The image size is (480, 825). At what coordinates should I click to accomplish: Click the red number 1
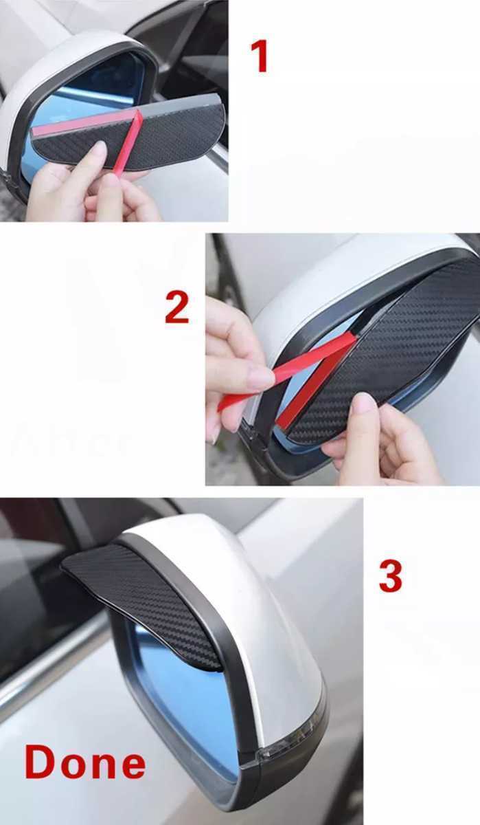coord(259,56)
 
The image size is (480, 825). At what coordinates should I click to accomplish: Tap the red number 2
coord(176,308)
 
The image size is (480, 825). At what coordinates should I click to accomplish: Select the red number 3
coord(390,576)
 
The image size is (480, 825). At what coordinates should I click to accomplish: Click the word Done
coord(85,763)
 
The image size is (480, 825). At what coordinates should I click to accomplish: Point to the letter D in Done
coord(41,763)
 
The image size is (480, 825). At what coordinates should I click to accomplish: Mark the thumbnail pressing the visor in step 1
coord(98,149)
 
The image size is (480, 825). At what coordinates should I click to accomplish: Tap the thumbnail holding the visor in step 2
coord(362,404)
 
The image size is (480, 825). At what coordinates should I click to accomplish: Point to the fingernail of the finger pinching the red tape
coord(262,377)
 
